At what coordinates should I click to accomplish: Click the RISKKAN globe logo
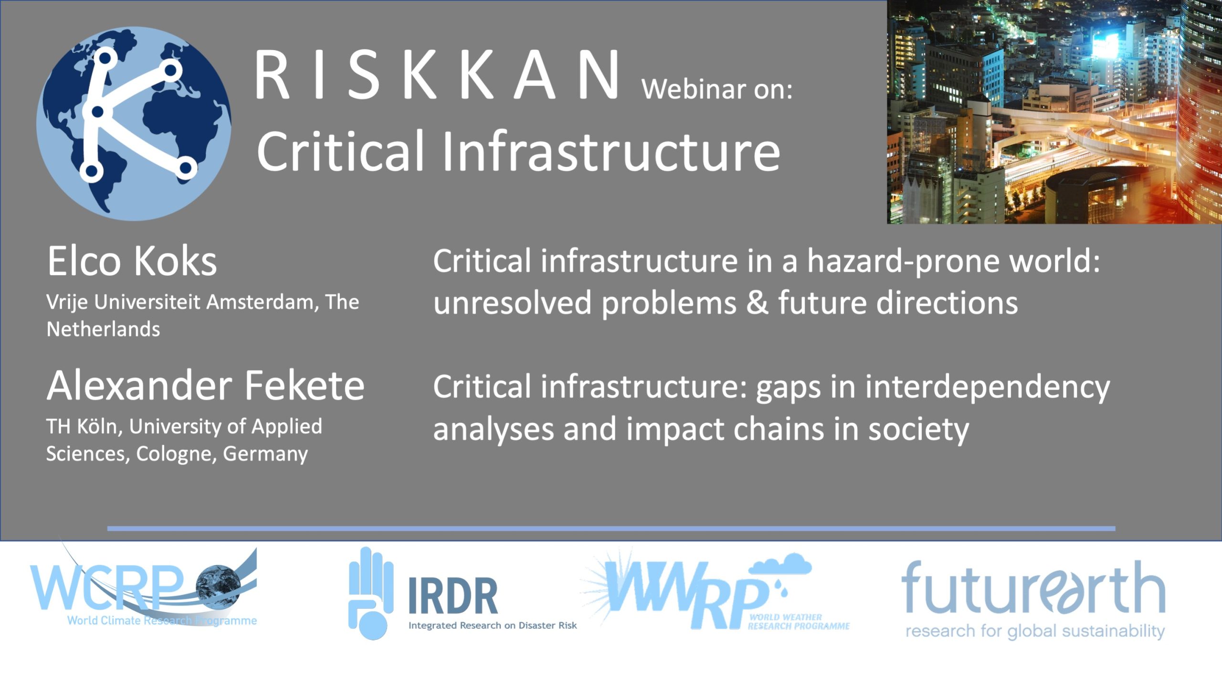134,124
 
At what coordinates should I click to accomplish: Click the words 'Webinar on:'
717,89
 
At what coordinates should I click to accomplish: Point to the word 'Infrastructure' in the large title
612,150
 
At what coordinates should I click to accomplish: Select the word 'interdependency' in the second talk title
988,387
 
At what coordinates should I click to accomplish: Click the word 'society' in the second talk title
918,429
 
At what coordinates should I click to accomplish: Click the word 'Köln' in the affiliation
98,426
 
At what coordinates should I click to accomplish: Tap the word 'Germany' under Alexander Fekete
265,454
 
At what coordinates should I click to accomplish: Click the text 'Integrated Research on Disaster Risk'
493,625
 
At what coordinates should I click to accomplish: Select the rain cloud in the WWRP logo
780,565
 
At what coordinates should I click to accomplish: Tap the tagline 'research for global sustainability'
1035,631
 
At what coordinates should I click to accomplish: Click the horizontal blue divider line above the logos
611,529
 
